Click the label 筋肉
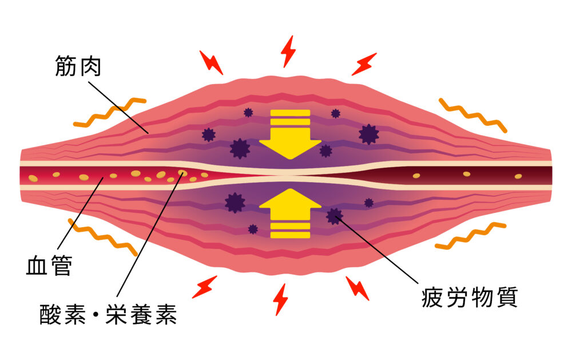pos(78,66)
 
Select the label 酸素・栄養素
pos(108,314)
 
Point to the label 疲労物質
pos(470,298)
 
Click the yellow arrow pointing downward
pos(290,134)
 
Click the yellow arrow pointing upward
pos(290,213)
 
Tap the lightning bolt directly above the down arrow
pos(288,52)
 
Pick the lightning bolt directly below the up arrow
pos(280,299)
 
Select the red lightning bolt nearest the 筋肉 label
pos(211,62)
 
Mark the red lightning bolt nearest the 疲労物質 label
pos(357,288)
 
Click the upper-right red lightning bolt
pos(364,64)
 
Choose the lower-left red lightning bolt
pos(205,287)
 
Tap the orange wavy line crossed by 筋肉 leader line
pos(109,112)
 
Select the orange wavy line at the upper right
pos(473,115)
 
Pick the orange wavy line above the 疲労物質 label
pos(471,236)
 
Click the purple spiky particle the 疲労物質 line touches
pos(334,216)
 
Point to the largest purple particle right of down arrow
pos(369,134)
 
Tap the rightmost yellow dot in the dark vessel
pos(518,176)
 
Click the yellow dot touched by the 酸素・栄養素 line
pos(182,172)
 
